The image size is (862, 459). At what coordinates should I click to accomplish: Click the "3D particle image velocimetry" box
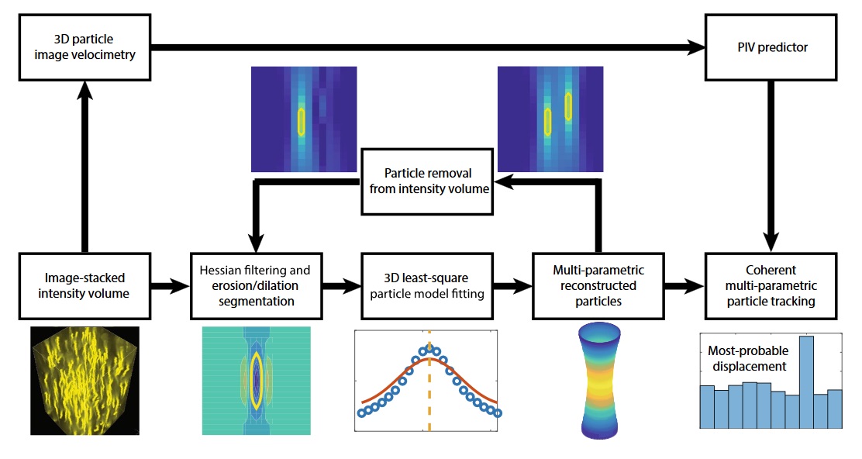[x=85, y=47]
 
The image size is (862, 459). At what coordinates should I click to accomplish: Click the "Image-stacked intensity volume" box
[x=84, y=286]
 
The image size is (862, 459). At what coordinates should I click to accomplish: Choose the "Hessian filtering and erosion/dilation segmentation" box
[x=255, y=286]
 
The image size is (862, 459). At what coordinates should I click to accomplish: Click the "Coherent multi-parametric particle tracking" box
[x=770, y=286]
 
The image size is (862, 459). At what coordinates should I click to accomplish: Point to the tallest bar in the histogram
[x=806, y=381]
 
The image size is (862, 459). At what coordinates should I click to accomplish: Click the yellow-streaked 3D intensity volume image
[x=84, y=380]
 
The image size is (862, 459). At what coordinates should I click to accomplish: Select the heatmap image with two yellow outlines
[x=550, y=118]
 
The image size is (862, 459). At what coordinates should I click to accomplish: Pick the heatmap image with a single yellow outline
[x=304, y=119]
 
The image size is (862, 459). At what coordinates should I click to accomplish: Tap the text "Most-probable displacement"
[x=744, y=358]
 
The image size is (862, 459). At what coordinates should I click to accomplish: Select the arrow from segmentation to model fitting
[x=341, y=287]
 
